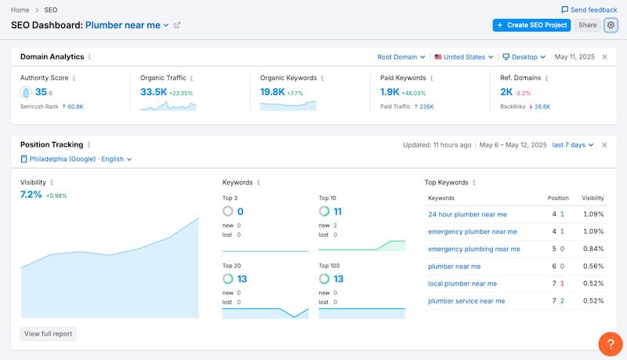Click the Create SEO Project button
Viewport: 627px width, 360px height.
[531, 25]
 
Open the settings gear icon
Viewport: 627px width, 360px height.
[611, 25]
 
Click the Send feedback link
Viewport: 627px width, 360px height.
[589, 9]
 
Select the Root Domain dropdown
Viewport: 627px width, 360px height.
[401, 57]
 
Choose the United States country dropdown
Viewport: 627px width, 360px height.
[464, 57]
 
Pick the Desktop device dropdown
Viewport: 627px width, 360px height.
[524, 57]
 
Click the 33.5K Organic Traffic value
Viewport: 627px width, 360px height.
[153, 92]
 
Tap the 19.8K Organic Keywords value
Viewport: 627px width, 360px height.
[273, 92]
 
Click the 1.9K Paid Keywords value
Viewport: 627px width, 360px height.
[390, 92]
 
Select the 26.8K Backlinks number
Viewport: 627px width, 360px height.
[542, 107]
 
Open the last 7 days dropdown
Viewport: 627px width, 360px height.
[573, 145]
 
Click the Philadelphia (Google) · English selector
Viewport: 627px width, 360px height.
[76, 159]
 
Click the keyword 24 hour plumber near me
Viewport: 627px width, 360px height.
[467, 214]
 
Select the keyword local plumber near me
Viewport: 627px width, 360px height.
[462, 283]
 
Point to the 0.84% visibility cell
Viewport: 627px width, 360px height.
[593, 249]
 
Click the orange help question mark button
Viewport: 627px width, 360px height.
[610, 344]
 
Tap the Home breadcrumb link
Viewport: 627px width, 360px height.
[20, 9]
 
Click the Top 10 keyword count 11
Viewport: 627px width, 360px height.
[336, 212]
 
